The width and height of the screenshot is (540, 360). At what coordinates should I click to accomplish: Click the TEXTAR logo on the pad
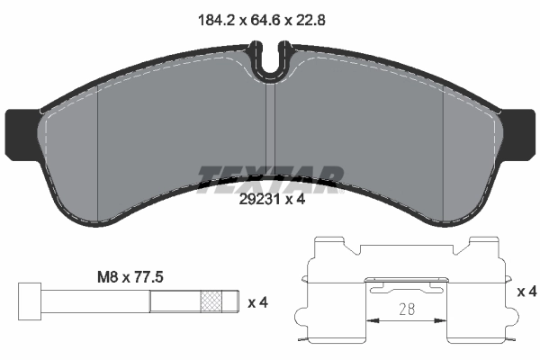pyautogui.click(x=271, y=175)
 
